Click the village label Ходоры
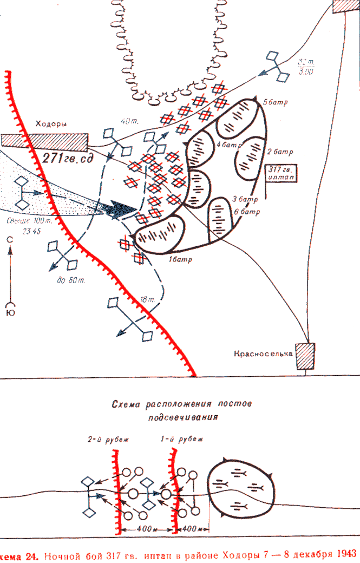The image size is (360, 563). (x=51, y=123)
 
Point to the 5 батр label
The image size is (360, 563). (x=273, y=102)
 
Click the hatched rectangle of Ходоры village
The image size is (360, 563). (x=43, y=140)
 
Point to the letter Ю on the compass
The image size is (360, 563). (x=10, y=313)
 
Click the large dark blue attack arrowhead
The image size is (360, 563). (x=120, y=210)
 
